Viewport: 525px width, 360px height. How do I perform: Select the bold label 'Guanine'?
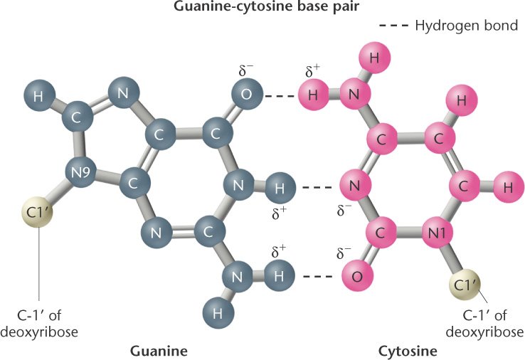(x=159, y=350)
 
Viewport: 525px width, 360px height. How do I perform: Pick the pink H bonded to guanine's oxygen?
(x=311, y=94)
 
